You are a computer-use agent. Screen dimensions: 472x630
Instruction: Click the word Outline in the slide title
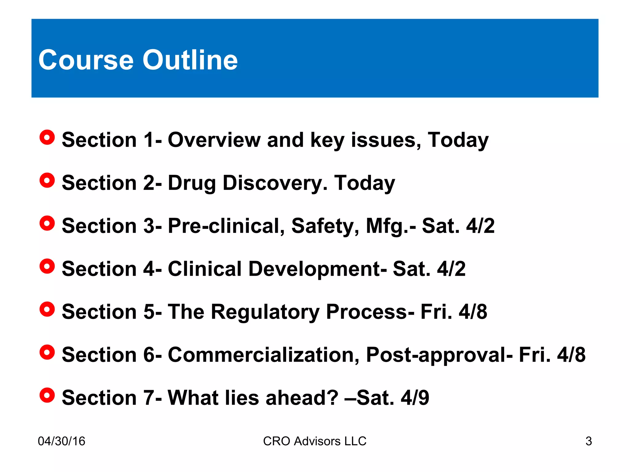(190, 60)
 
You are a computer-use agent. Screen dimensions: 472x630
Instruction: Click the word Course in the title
(86, 60)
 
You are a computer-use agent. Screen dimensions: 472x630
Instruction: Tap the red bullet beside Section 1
(47, 137)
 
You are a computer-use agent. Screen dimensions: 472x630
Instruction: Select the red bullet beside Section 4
(47, 266)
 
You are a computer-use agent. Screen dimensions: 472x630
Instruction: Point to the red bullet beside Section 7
(47, 395)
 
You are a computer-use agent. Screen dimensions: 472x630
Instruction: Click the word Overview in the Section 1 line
(214, 140)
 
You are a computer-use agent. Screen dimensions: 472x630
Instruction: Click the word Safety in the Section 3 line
(325, 226)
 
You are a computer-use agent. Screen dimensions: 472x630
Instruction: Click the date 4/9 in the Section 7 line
(415, 398)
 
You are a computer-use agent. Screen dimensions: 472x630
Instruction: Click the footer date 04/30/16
(62, 441)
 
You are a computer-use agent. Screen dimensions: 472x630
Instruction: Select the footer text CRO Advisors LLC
(315, 441)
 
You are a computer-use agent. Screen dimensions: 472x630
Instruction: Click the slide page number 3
(588, 441)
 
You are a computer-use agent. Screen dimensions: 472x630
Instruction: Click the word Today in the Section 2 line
(365, 183)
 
